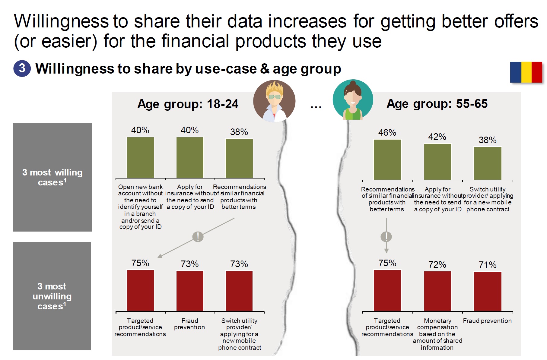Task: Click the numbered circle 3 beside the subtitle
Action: (22, 68)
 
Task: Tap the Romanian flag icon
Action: (526, 72)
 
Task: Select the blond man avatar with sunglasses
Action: (274, 101)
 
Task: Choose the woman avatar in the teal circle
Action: (353, 100)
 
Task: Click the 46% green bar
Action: (387, 159)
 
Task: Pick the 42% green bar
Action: (437, 162)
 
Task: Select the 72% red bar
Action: (437, 291)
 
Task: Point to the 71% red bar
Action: (487, 291)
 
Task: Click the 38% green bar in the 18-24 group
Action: (239, 158)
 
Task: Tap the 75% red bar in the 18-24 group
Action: (140, 290)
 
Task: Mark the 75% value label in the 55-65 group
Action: (387, 263)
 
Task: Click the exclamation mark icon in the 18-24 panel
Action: (198, 237)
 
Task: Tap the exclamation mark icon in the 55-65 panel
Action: (386, 237)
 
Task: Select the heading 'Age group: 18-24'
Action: (188, 104)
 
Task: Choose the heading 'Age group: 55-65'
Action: (437, 104)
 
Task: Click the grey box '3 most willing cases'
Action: (52, 177)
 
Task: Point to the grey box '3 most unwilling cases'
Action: (52, 296)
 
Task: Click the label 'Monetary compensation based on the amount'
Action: (437, 334)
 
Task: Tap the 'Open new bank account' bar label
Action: (140, 207)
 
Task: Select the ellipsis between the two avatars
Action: (316, 106)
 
